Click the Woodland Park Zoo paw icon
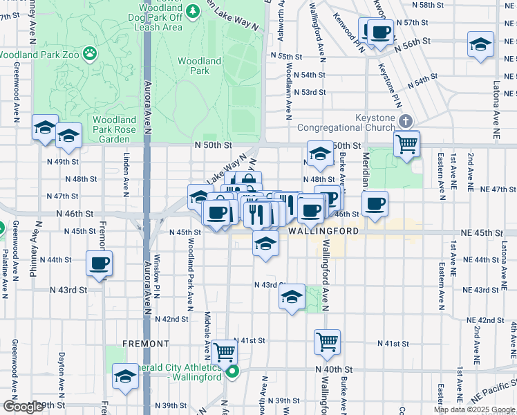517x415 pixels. tap(90, 53)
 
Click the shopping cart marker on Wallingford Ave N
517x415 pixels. tap(327, 342)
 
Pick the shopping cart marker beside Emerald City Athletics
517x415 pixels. tap(224, 352)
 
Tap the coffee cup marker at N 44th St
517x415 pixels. tap(100, 264)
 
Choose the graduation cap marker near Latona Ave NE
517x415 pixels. tap(479, 46)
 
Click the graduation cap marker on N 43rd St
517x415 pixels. tap(292, 297)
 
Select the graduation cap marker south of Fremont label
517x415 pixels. tap(125, 377)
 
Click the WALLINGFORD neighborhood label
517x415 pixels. tap(323, 232)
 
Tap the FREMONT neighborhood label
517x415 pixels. tap(146, 343)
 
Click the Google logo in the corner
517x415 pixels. tap(23, 407)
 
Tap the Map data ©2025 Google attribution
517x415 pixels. tap(474, 409)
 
